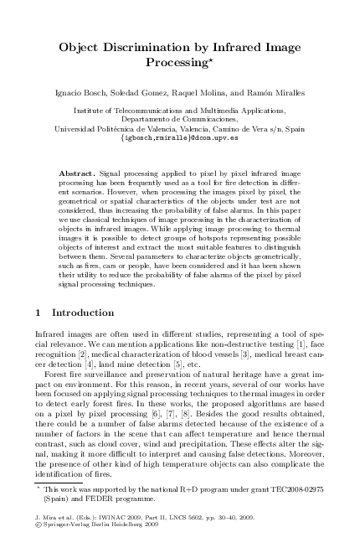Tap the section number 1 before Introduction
tap(42, 313)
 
